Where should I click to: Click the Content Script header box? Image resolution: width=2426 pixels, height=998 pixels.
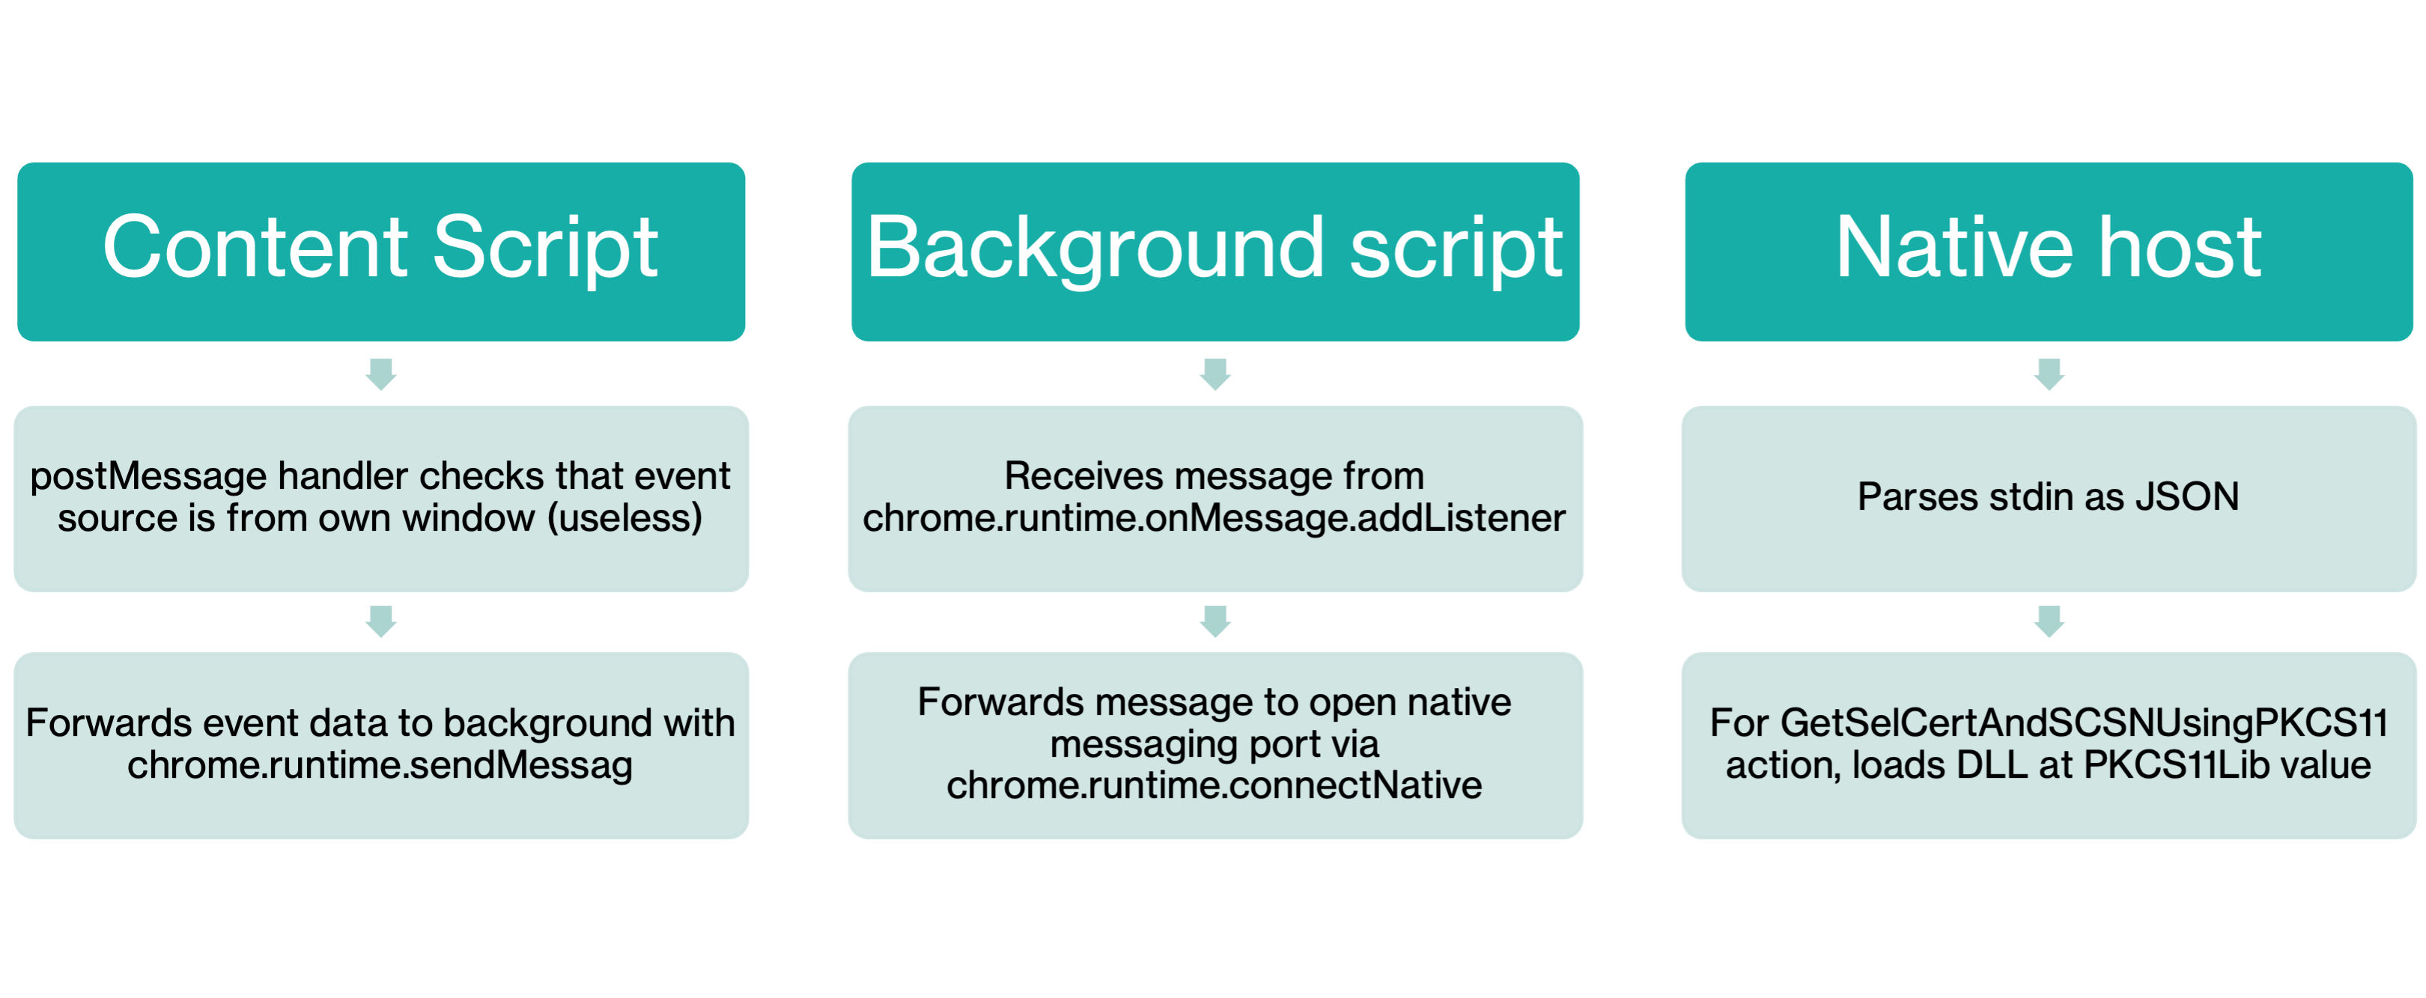click(x=380, y=251)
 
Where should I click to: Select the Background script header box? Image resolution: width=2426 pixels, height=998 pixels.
click(x=1215, y=251)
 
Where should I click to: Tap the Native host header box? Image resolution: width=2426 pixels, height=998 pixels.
click(x=2049, y=251)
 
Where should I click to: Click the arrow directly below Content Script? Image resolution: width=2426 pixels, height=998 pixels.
click(x=380, y=374)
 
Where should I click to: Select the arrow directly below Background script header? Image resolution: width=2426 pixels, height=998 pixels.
click(x=1215, y=374)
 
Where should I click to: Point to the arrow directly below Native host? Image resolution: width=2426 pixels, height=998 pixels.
click(x=2049, y=374)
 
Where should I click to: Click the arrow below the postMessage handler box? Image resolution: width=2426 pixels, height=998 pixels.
click(x=380, y=621)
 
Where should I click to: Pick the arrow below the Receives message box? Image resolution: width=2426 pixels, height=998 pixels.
click(x=1215, y=621)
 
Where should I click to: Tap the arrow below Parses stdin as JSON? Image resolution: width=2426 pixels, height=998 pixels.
click(x=2049, y=621)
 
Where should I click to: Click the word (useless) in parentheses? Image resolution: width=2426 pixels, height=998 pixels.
click(x=625, y=518)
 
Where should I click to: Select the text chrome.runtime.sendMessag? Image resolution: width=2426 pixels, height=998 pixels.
click(x=380, y=764)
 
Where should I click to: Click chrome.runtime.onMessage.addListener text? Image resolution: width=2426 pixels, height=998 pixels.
click(x=1214, y=518)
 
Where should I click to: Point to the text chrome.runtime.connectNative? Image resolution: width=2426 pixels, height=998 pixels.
click(x=1214, y=785)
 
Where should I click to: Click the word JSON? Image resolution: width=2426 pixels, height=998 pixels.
click(x=2187, y=497)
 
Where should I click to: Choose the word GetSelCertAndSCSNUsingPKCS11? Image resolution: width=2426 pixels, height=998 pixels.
click(x=2084, y=723)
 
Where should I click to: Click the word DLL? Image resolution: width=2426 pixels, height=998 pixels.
click(x=1991, y=764)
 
